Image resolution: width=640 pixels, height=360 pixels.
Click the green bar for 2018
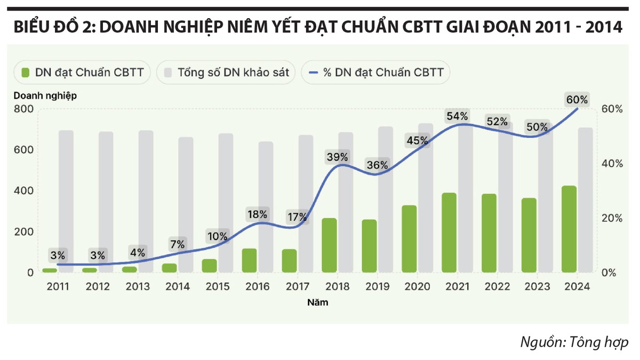(x=330, y=245)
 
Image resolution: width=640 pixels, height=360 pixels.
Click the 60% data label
(x=577, y=100)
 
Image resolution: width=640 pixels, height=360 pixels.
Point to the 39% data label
(x=338, y=157)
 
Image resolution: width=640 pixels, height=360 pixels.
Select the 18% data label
(x=258, y=214)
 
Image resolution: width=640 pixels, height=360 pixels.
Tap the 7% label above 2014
(x=178, y=244)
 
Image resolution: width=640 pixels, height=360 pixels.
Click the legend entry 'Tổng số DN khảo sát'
(x=226, y=73)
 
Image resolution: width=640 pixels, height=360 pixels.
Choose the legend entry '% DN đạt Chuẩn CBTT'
(x=376, y=73)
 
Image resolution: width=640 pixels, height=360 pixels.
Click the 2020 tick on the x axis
(x=417, y=286)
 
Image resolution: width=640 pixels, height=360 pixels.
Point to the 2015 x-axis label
(x=218, y=286)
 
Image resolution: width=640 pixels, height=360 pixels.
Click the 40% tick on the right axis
(x=611, y=164)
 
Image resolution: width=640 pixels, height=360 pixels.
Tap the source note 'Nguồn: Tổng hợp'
(x=574, y=342)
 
